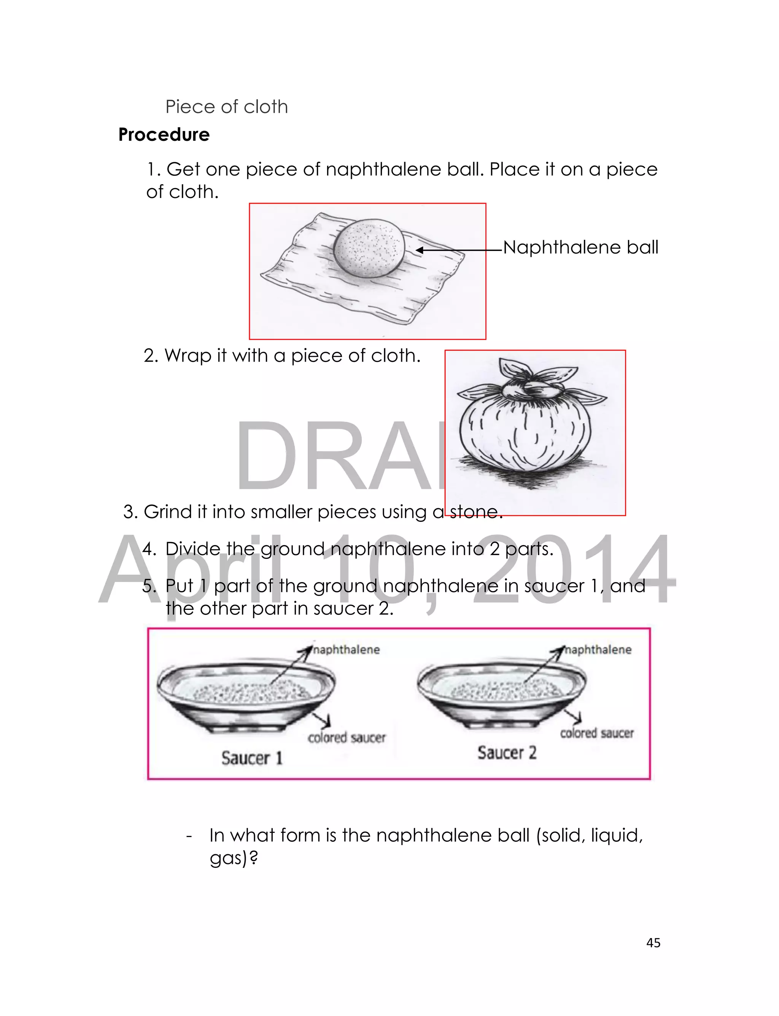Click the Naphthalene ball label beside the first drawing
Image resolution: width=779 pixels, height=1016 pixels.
pyautogui.click(x=580, y=247)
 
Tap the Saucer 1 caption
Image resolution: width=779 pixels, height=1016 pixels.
pyautogui.click(x=252, y=758)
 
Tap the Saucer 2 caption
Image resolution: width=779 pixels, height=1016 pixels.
pyautogui.click(x=507, y=753)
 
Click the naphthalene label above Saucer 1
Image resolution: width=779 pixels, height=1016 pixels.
pyautogui.click(x=347, y=649)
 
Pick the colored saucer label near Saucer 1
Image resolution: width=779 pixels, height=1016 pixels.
pyautogui.click(x=347, y=737)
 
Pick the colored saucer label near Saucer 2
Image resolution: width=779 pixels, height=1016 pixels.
pyautogui.click(x=597, y=733)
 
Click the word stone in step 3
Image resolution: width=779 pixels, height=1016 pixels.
pyautogui.click(x=476, y=512)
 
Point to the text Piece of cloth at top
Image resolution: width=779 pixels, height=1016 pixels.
pyautogui.click(x=227, y=107)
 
